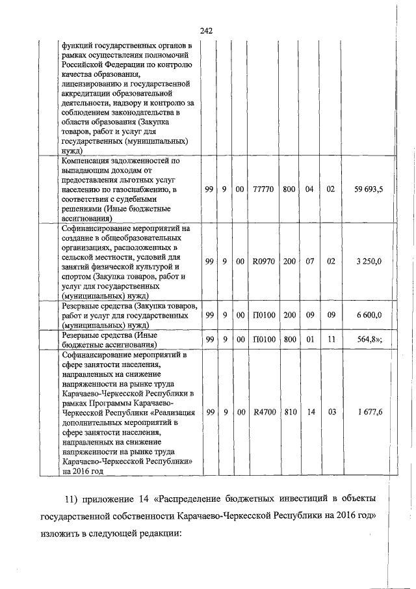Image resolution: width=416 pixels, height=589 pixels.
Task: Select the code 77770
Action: tap(263, 189)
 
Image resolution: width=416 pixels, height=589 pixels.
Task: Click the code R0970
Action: tap(263, 261)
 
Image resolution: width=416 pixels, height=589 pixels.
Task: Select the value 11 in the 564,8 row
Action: tap(331, 339)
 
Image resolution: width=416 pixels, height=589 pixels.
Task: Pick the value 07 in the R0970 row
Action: tap(309, 261)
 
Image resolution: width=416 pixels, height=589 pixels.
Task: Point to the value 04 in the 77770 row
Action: tap(309, 189)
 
